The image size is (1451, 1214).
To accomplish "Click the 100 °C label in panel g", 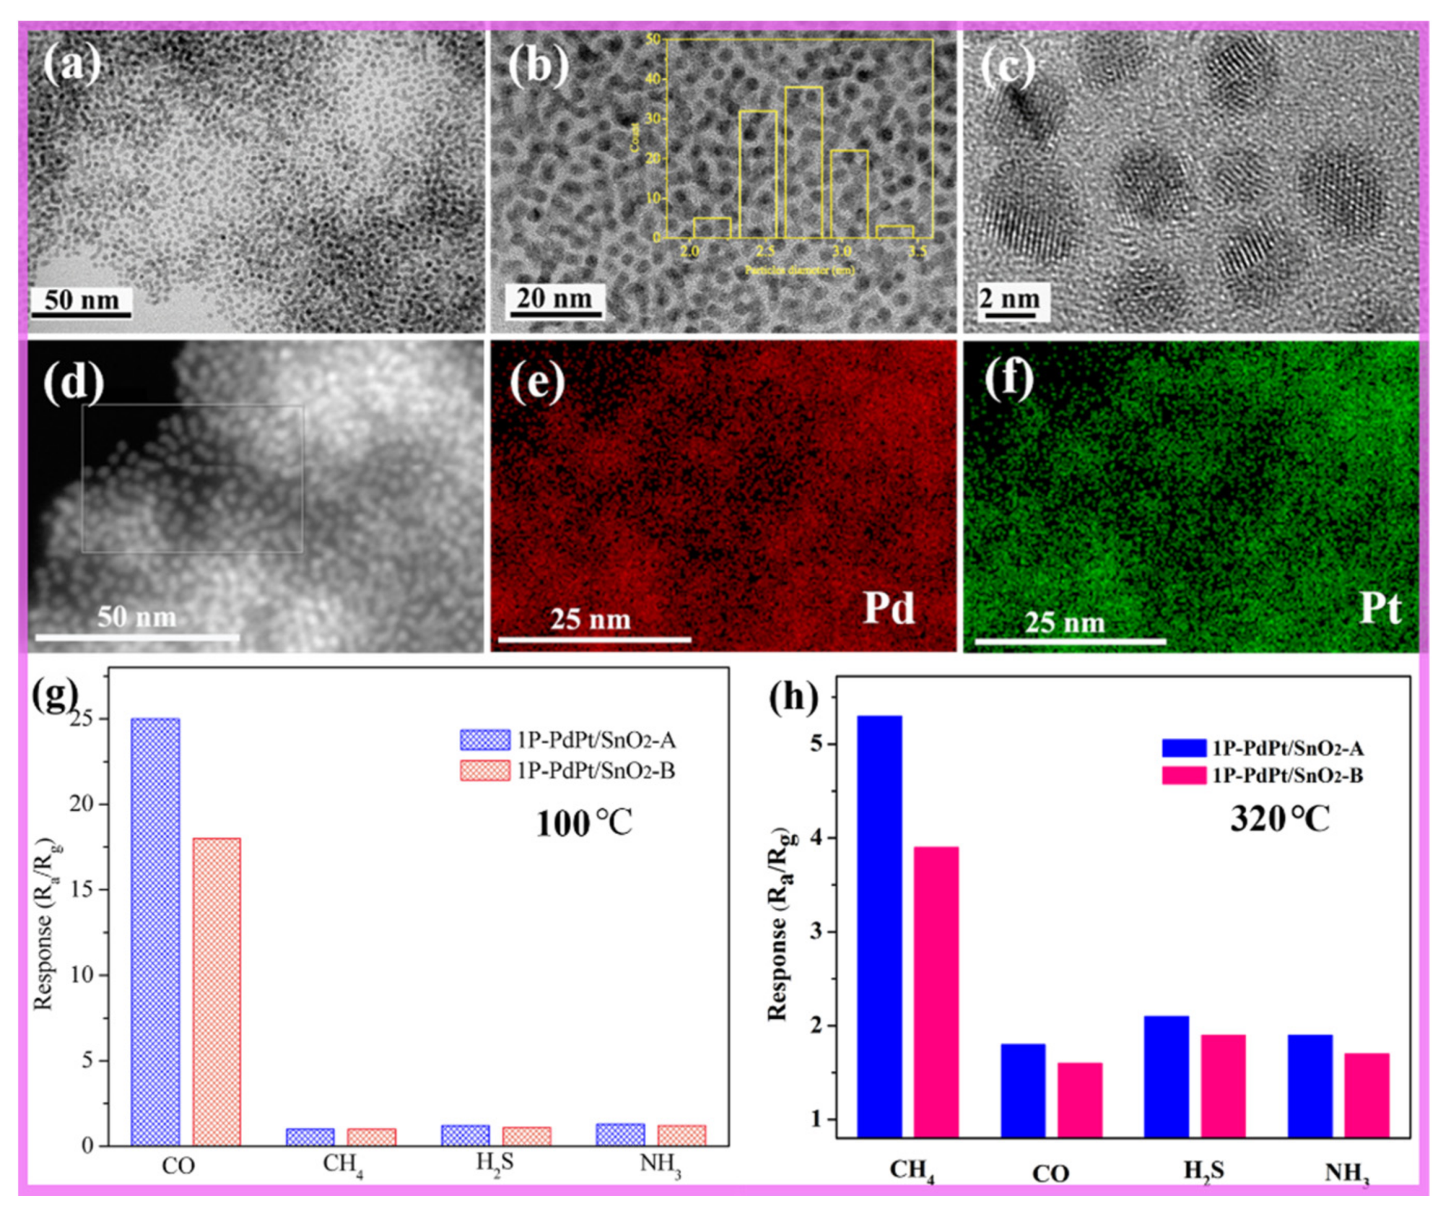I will (584, 824).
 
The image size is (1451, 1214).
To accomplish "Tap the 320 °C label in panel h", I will (1280, 820).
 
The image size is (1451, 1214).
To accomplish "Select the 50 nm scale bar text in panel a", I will (82, 301).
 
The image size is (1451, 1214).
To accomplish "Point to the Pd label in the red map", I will (889, 609).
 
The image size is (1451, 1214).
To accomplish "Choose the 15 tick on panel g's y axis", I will (88, 890).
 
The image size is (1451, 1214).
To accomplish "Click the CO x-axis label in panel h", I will (1050, 1174).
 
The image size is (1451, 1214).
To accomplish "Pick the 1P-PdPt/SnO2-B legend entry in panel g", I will (567, 771).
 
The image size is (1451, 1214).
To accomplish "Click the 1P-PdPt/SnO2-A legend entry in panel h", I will (1261, 749).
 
